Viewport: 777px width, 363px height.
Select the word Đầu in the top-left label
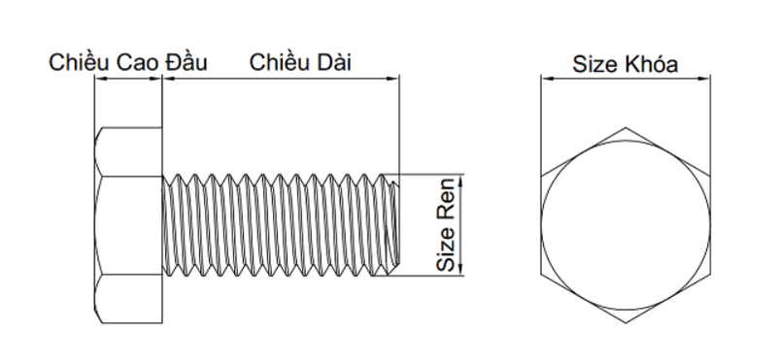tap(186, 62)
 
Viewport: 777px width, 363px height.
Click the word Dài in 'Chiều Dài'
tap(334, 63)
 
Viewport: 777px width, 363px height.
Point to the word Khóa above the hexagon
tap(651, 64)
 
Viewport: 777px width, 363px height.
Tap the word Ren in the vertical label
tap(446, 199)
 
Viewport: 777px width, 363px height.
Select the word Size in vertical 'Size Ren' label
tap(446, 249)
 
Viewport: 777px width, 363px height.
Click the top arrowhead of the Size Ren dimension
tap(461, 180)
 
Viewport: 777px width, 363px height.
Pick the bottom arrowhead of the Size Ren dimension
tap(461, 270)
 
